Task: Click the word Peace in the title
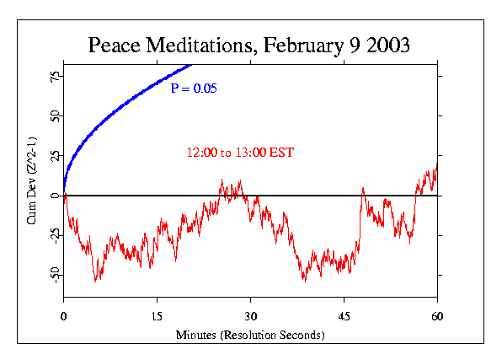pyautogui.click(x=115, y=46)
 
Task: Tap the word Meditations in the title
pyautogui.click(x=198, y=46)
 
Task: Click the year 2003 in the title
pyautogui.click(x=387, y=46)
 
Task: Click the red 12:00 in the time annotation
pyautogui.click(x=202, y=153)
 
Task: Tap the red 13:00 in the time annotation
pyautogui.click(x=254, y=153)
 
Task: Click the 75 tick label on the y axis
pyautogui.click(x=54, y=76)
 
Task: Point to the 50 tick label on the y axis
pyautogui.click(x=54, y=116)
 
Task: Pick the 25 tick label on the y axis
pyautogui.click(x=54, y=156)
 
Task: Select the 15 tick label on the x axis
pyautogui.click(x=157, y=315)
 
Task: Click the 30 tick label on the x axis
pyautogui.click(x=250, y=315)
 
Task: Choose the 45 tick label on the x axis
pyautogui.click(x=344, y=315)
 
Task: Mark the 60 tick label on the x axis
pyautogui.click(x=437, y=315)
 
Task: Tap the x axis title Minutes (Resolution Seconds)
pyautogui.click(x=250, y=335)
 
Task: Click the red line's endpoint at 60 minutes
pyautogui.click(x=437, y=163)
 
